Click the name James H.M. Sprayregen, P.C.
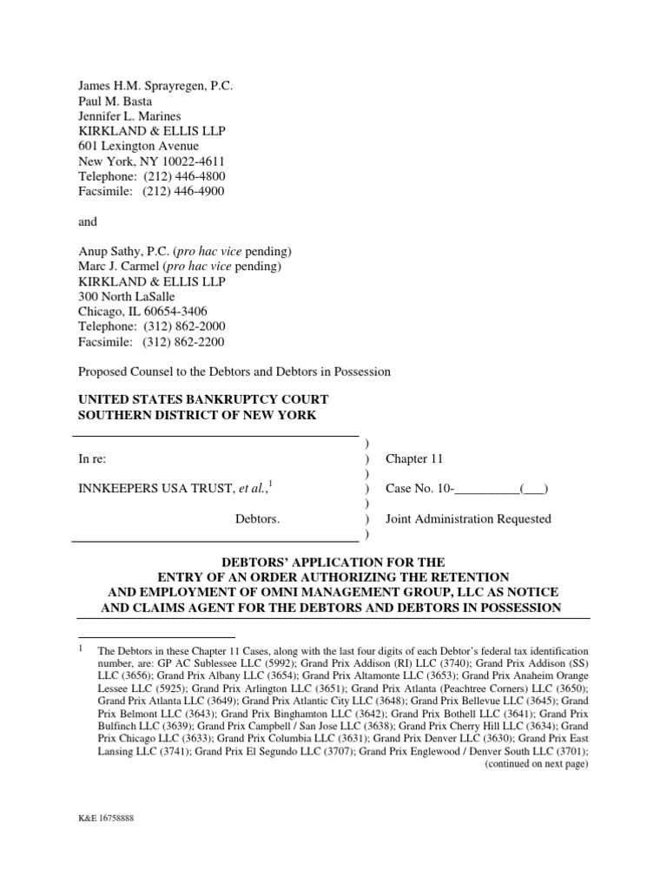point(156,86)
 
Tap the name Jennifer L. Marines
point(129,116)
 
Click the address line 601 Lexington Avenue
point(139,146)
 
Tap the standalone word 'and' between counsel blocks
point(89,221)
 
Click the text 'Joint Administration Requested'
point(468,519)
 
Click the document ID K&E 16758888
point(106,819)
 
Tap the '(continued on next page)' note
point(537,764)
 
